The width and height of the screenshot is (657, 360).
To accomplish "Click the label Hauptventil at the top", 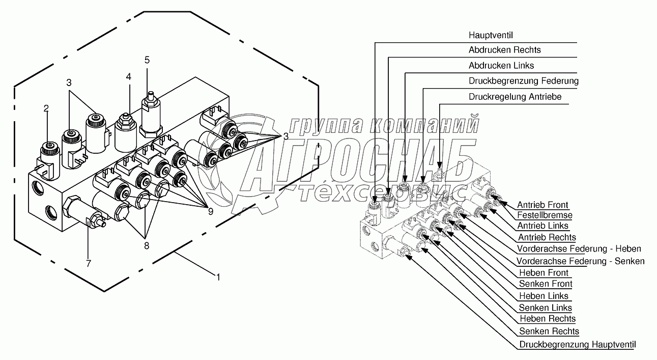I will [x=491, y=35].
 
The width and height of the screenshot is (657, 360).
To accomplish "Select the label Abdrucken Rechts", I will [x=504, y=50].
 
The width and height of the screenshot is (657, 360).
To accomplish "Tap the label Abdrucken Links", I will [x=501, y=66].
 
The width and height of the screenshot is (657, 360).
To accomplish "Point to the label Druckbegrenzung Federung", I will [x=523, y=81].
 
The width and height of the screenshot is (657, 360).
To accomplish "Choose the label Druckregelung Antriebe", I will [x=515, y=97].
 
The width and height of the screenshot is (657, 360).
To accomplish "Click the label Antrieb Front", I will [x=542, y=205].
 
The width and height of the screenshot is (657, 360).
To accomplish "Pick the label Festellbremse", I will [x=545, y=215].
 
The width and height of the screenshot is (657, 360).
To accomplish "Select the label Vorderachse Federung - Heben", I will [x=579, y=248].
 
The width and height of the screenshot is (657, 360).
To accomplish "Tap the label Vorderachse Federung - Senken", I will [x=580, y=261].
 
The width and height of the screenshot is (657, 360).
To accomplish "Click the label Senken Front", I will [x=545, y=284].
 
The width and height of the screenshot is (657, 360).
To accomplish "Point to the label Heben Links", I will [x=544, y=296].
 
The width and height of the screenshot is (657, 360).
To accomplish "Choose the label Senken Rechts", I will [x=549, y=331].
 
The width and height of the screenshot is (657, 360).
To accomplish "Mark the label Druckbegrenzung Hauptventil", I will [x=577, y=345].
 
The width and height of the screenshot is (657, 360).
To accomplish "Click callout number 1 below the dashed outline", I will [x=218, y=278].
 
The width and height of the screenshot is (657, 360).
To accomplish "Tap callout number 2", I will [x=46, y=108].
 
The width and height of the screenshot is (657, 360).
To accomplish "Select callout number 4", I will [x=129, y=77].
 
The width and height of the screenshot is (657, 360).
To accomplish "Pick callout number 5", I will [x=147, y=60].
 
